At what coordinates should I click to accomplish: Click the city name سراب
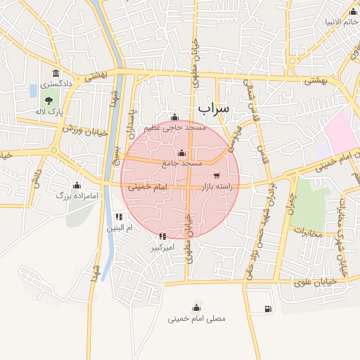pyautogui.click(x=214, y=108)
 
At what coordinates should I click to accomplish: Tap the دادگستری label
pyautogui.click(x=51, y=84)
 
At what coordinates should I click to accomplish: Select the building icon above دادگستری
pyautogui.click(x=56, y=74)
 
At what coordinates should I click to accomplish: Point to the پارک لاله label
pyautogui.click(x=51, y=112)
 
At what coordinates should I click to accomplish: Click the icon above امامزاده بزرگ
pyautogui.click(x=77, y=186)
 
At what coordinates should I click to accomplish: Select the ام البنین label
pyautogui.click(x=120, y=228)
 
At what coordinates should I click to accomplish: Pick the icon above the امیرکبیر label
pyautogui.click(x=163, y=237)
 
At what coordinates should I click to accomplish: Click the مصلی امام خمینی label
pyautogui.click(x=197, y=319)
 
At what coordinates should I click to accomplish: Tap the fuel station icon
pyautogui.click(x=267, y=309)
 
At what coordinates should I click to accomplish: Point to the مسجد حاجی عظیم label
pyautogui.click(x=175, y=128)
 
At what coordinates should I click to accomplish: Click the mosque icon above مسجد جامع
pyautogui.click(x=182, y=153)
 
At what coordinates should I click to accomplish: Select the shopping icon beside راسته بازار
pyautogui.click(x=216, y=176)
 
